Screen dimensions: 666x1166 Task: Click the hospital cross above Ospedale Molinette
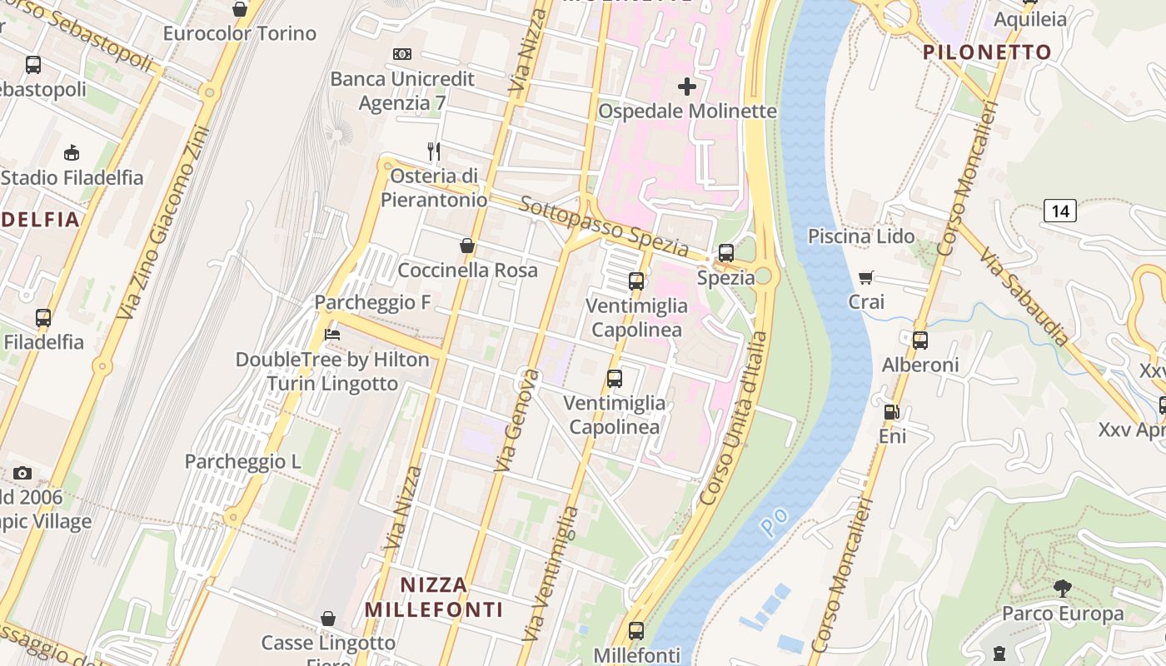687,87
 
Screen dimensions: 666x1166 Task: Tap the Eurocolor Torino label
240,33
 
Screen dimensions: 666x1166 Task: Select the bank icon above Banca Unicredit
402,54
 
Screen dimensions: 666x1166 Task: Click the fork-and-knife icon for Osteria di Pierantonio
433,151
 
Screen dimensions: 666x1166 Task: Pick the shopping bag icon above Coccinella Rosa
467,246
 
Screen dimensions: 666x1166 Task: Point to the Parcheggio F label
372,302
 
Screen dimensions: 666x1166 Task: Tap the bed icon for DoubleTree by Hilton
332,335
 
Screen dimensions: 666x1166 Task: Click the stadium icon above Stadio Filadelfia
72,153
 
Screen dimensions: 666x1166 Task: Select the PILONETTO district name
987,52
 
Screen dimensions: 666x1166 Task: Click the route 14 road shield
1059,211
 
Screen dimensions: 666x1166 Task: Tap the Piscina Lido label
861,236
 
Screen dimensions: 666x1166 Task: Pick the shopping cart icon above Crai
866,277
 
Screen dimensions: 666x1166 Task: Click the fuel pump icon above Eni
891,411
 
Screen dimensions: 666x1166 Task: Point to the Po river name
775,522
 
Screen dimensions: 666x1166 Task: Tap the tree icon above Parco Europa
1062,589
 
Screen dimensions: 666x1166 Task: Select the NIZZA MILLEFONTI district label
433,596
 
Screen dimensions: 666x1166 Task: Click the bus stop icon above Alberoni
919,340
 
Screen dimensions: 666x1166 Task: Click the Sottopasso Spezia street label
605,227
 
